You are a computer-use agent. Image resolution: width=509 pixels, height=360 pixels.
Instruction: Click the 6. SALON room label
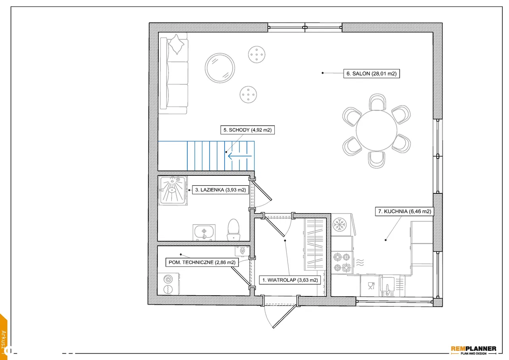pyautogui.click(x=371, y=74)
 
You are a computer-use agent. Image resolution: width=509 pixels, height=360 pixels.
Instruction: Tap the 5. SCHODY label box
pyautogui.click(x=247, y=130)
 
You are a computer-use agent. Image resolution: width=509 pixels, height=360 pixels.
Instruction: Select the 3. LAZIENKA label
pyautogui.click(x=220, y=190)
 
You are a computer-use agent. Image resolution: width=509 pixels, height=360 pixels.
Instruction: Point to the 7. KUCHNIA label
pyautogui.click(x=404, y=211)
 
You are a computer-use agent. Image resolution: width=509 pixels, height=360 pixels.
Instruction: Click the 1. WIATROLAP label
pyautogui.click(x=290, y=280)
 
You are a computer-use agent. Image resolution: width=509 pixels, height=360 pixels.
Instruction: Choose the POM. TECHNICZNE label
pyautogui.click(x=202, y=262)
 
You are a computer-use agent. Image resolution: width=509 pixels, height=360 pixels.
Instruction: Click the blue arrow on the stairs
pyautogui.click(x=240, y=156)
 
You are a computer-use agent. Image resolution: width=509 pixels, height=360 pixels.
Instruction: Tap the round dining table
pyautogui.click(x=376, y=130)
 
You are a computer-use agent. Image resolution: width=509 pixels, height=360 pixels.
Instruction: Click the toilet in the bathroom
pyautogui.click(x=233, y=230)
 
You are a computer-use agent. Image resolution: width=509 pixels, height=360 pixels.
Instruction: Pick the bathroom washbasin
pyautogui.click(x=204, y=232)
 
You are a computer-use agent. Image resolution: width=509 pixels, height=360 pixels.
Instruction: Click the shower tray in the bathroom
pyautogui.click(x=173, y=191)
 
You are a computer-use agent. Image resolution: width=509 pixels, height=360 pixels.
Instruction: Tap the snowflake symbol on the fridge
pyautogui.click(x=340, y=224)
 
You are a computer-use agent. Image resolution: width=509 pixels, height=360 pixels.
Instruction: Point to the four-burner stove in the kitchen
pyautogui.click(x=342, y=263)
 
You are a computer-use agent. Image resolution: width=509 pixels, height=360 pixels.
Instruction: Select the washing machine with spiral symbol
pyautogui.click(x=168, y=284)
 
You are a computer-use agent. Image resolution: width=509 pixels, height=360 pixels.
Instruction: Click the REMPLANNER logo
pyautogui.click(x=474, y=350)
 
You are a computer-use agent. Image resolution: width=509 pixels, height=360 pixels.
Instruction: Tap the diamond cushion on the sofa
pyautogui.click(x=176, y=44)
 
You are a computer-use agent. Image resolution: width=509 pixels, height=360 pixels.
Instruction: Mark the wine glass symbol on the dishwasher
pyautogui.click(x=371, y=286)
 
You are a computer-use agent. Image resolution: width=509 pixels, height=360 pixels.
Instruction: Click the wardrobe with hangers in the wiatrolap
pyautogui.click(x=315, y=244)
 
